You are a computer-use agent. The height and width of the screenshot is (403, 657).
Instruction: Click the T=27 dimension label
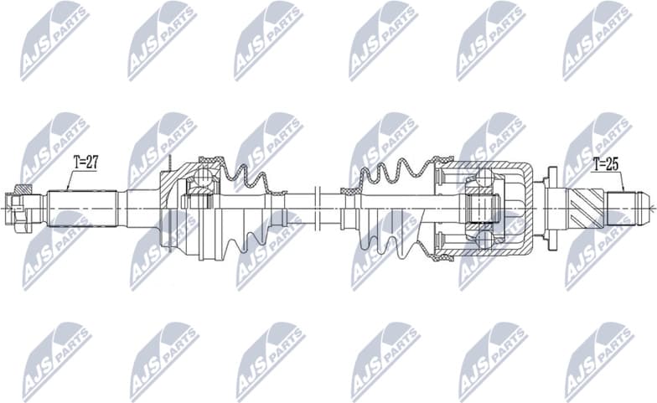(x=85, y=163)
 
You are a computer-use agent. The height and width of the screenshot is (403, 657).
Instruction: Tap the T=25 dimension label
(x=606, y=163)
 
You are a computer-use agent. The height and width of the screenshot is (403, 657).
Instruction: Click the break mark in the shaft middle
(x=316, y=207)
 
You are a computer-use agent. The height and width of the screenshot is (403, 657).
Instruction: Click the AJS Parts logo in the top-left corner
(x=54, y=40)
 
